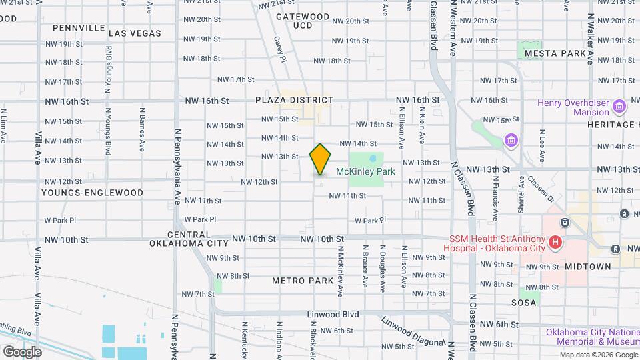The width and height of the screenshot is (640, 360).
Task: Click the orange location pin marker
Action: [320, 159]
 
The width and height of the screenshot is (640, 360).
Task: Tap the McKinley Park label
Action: [365, 171]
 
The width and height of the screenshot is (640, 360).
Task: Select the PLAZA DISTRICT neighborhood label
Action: [293, 100]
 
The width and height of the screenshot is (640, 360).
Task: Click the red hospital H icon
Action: [555, 243]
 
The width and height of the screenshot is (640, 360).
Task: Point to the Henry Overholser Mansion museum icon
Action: [619, 107]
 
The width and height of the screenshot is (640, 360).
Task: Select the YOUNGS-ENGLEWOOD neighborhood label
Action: [92, 193]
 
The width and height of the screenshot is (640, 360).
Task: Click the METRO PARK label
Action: [303, 281]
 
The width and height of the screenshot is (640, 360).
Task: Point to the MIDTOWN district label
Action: [587, 266]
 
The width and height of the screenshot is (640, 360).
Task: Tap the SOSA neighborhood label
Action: [523, 303]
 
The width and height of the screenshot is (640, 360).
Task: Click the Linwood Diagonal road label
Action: [413, 331]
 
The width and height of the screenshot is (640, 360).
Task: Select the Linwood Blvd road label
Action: [333, 314]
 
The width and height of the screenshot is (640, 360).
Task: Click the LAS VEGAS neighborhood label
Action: [135, 33]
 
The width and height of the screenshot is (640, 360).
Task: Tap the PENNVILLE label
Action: [79, 28]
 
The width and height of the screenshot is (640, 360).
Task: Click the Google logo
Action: [22, 351]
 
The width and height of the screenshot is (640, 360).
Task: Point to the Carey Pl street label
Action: [280, 49]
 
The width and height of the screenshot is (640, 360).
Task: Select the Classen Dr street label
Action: [541, 188]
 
